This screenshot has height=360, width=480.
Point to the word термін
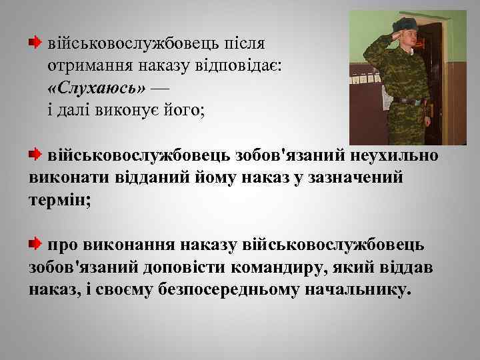pos(57,201)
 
